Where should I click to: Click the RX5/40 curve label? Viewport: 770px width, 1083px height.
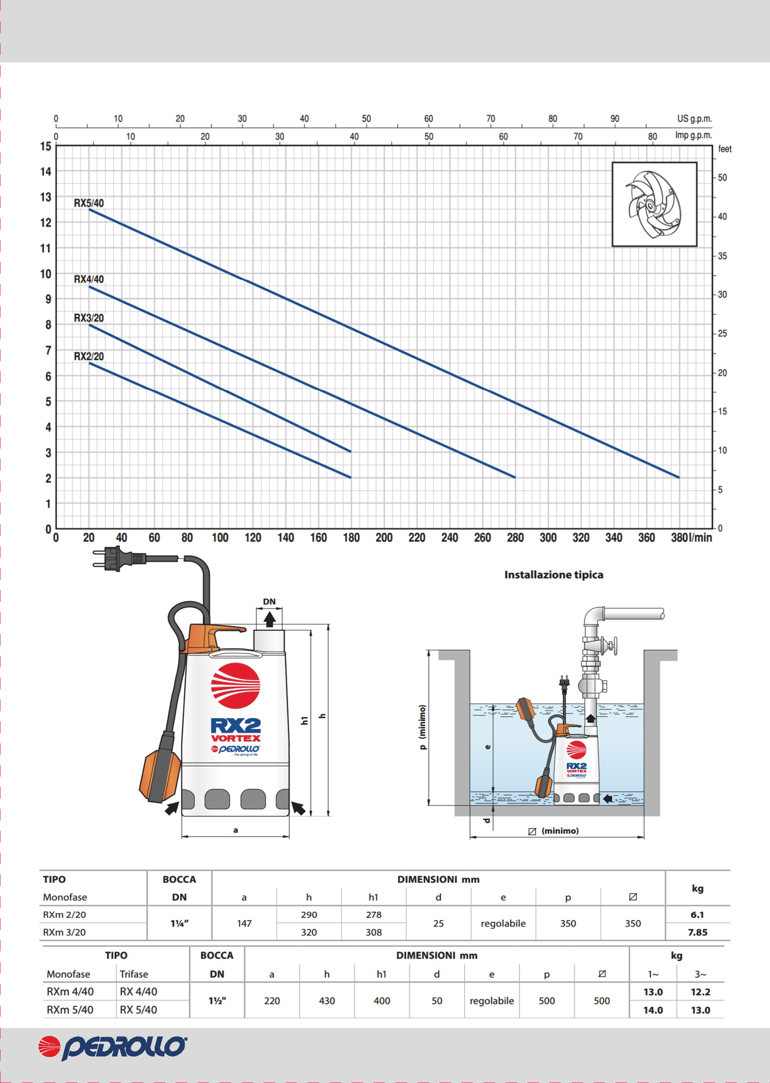coord(88,203)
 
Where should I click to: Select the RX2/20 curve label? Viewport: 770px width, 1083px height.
coord(88,356)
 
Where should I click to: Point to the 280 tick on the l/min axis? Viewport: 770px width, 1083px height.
coord(515,538)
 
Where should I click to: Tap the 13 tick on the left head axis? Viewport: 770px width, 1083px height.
coord(46,197)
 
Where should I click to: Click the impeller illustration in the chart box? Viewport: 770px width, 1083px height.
coord(654,204)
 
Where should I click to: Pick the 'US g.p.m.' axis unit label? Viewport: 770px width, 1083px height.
coord(694,119)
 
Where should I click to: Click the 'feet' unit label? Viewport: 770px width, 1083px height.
coord(724,149)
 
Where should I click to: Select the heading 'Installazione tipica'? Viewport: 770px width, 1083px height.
coord(554,574)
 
